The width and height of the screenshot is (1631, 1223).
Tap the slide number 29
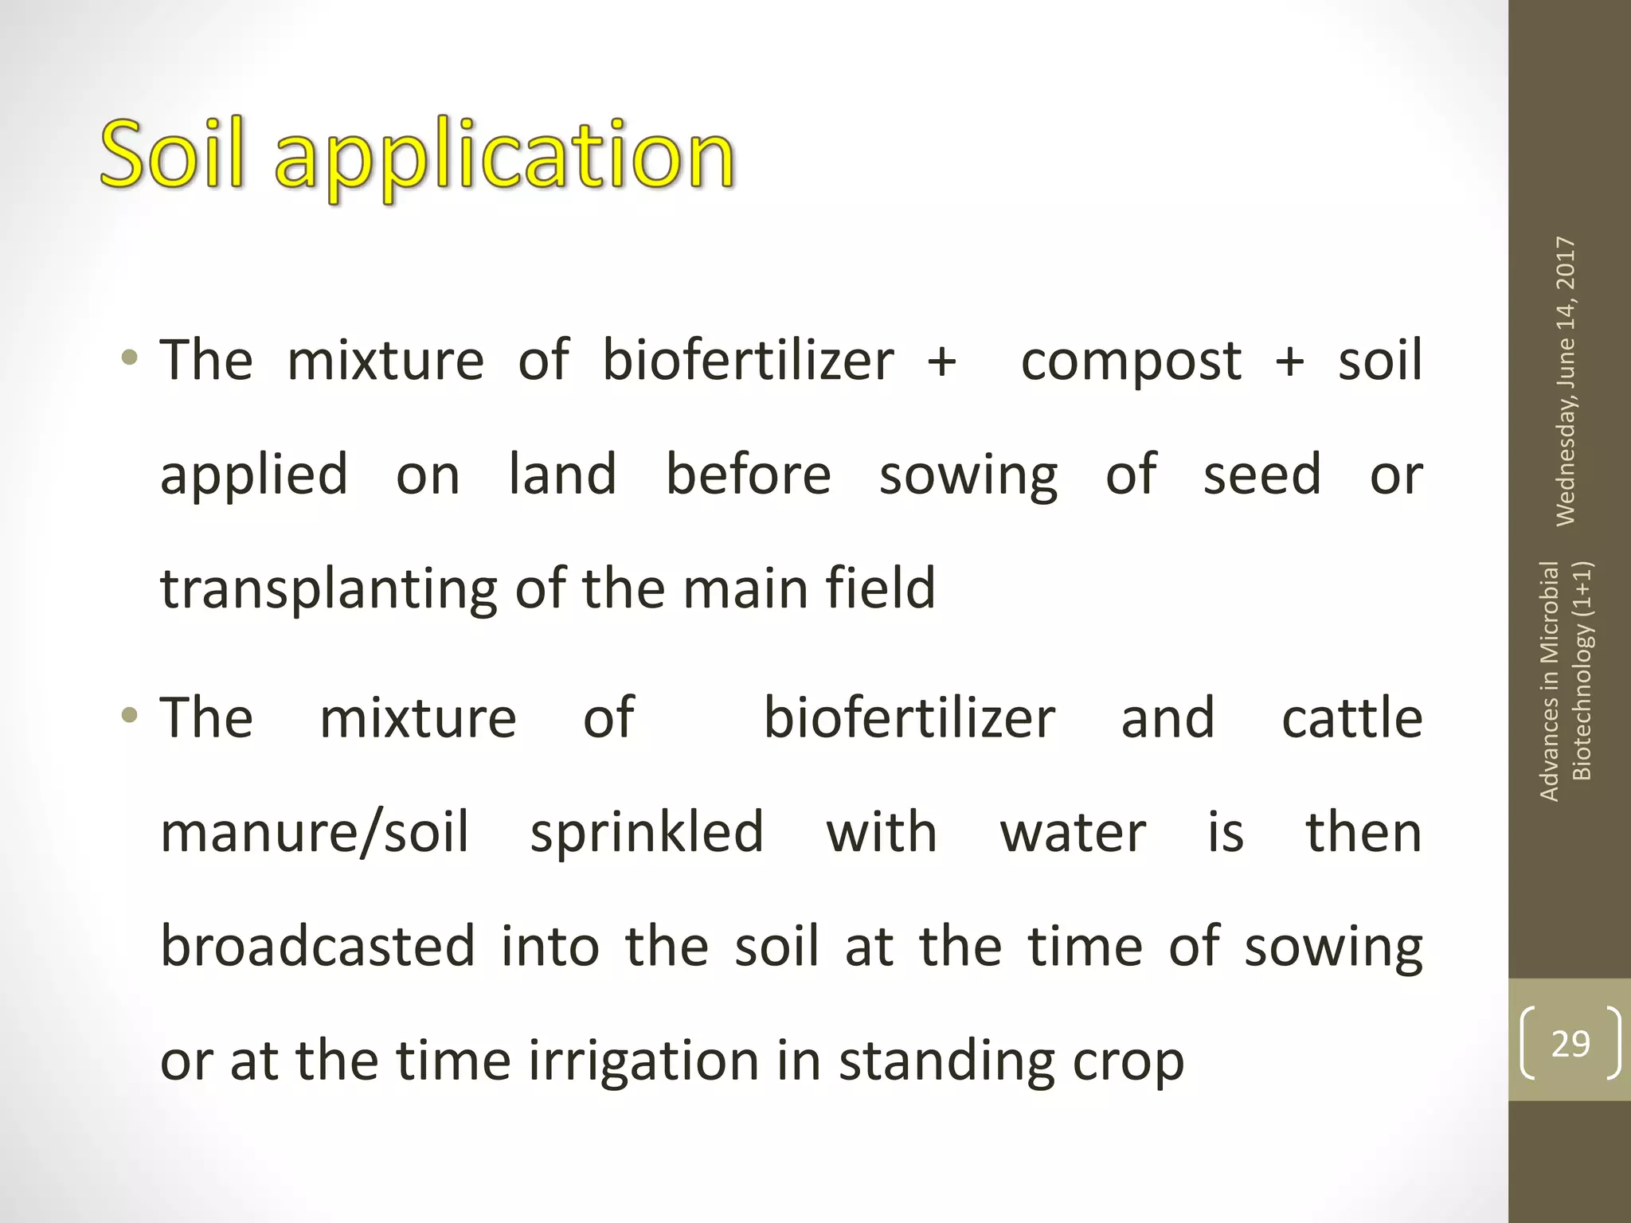click(x=1570, y=1043)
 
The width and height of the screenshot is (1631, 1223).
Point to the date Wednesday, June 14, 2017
click(x=1565, y=381)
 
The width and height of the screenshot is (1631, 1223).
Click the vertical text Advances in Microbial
click(x=1549, y=681)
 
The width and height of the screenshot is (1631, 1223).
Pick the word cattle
click(x=1351, y=718)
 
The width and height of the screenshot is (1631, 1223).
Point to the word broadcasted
click(x=317, y=947)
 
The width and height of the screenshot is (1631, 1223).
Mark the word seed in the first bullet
click(x=1261, y=475)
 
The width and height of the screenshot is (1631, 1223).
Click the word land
click(x=562, y=475)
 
